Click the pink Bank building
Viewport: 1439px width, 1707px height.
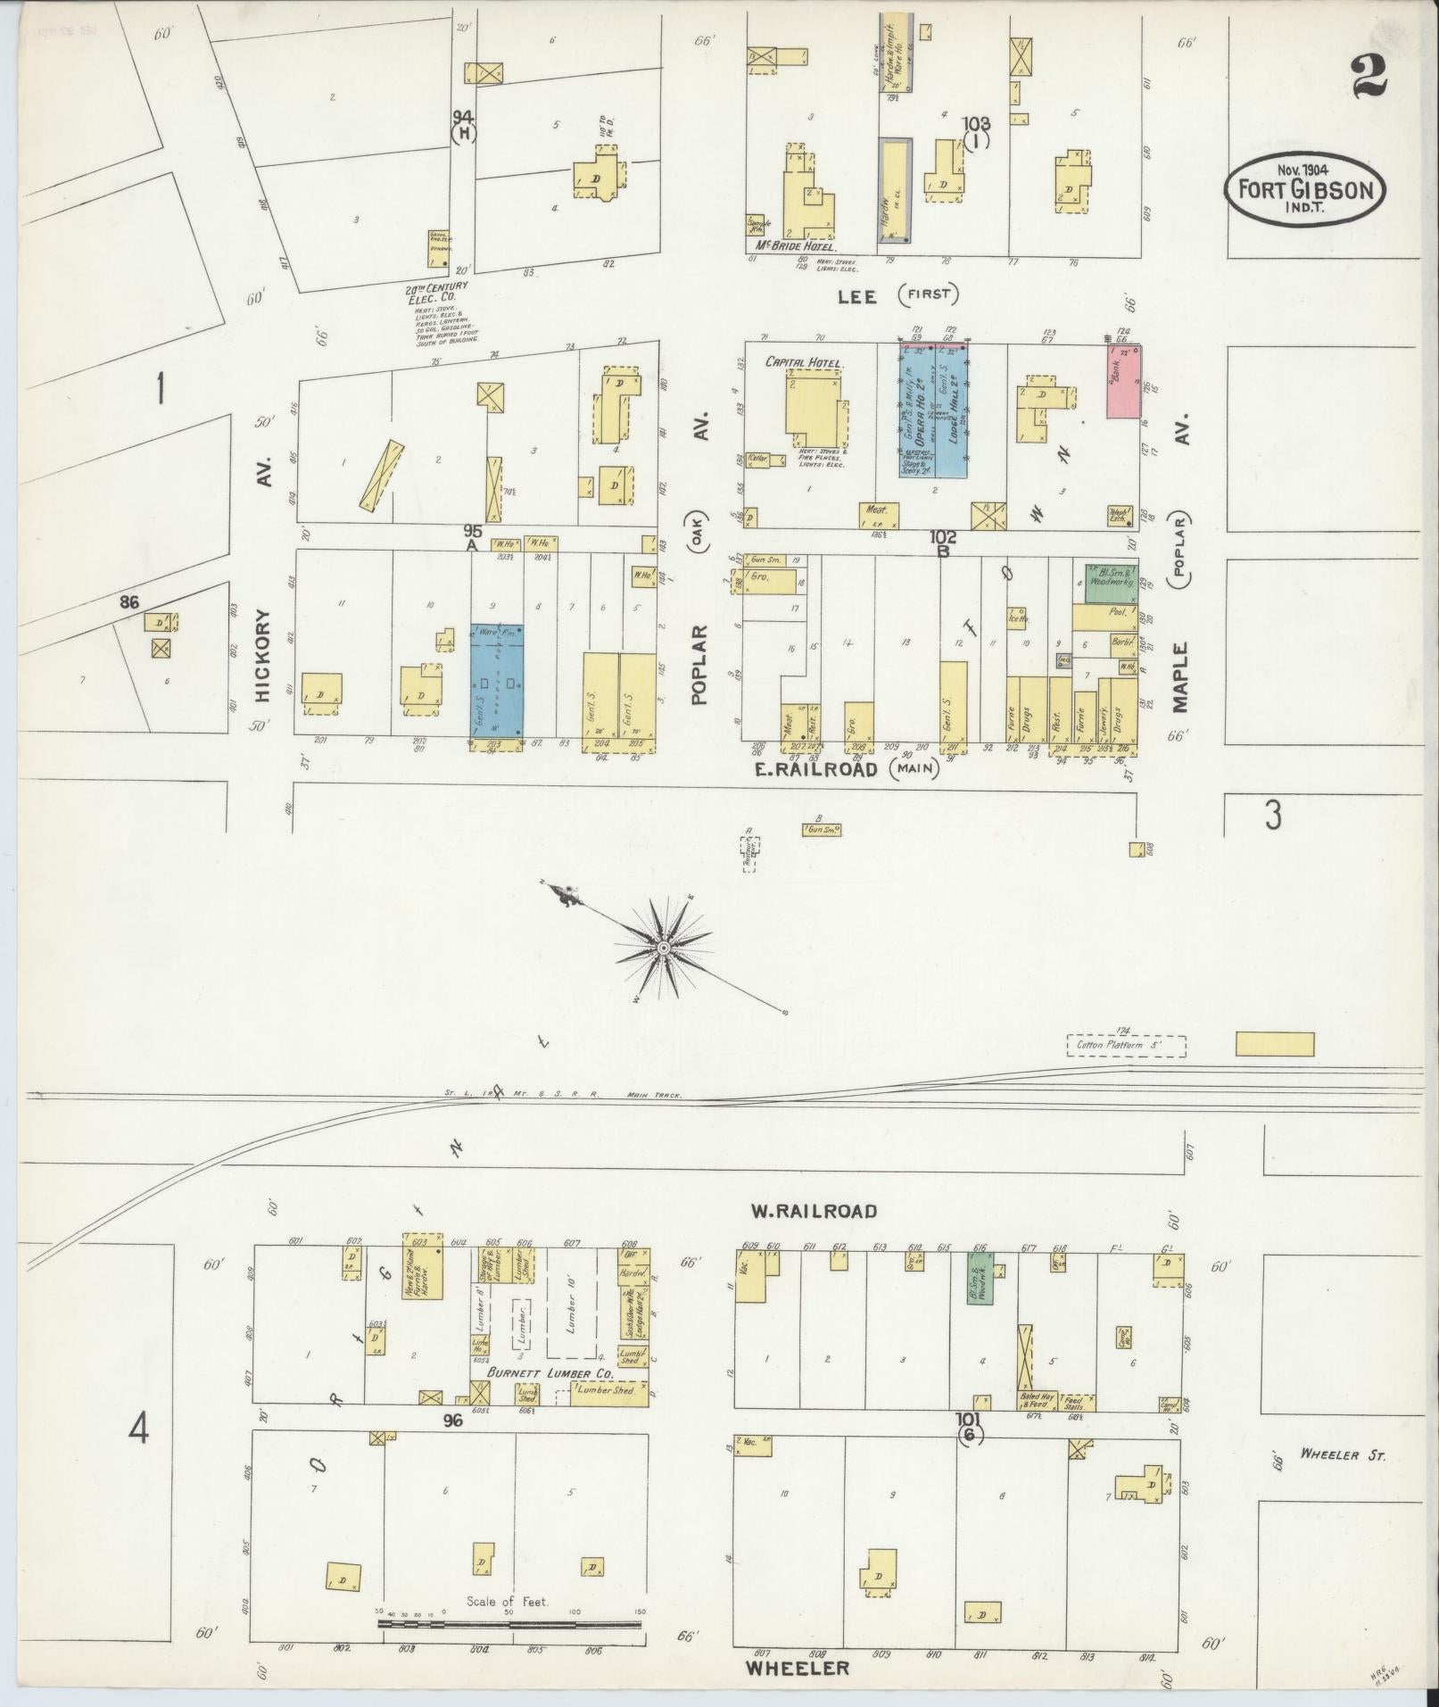click(1123, 381)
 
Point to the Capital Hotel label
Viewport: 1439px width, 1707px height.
click(798, 363)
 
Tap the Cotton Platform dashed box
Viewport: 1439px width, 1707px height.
click(1126, 1045)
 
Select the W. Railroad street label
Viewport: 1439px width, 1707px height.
click(814, 1211)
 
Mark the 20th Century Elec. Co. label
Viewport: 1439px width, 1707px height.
click(437, 294)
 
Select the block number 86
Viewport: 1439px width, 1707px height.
click(130, 602)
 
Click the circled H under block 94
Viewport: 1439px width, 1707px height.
click(463, 134)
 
